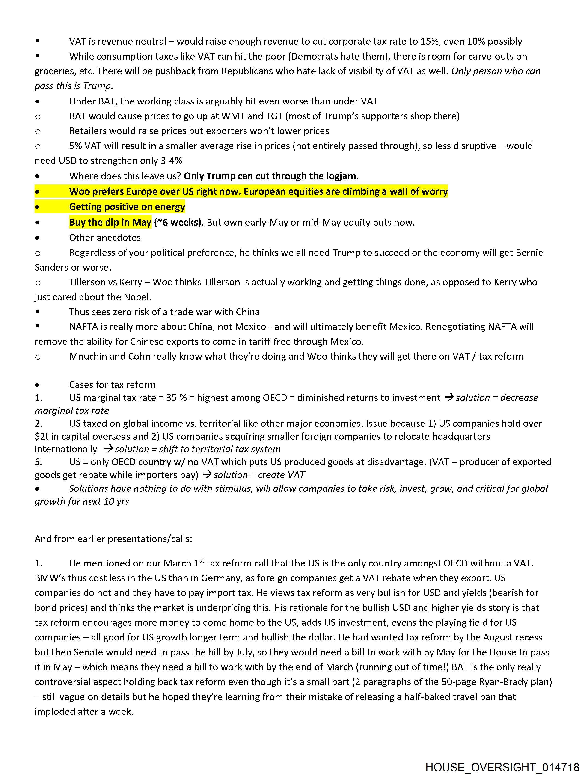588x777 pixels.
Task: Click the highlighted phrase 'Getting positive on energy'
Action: point(127,207)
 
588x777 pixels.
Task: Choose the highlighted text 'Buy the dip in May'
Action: point(110,222)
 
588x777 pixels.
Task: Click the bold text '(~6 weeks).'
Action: point(179,222)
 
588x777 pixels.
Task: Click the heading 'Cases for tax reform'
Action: point(112,385)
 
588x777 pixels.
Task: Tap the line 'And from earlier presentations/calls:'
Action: point(113,539)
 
